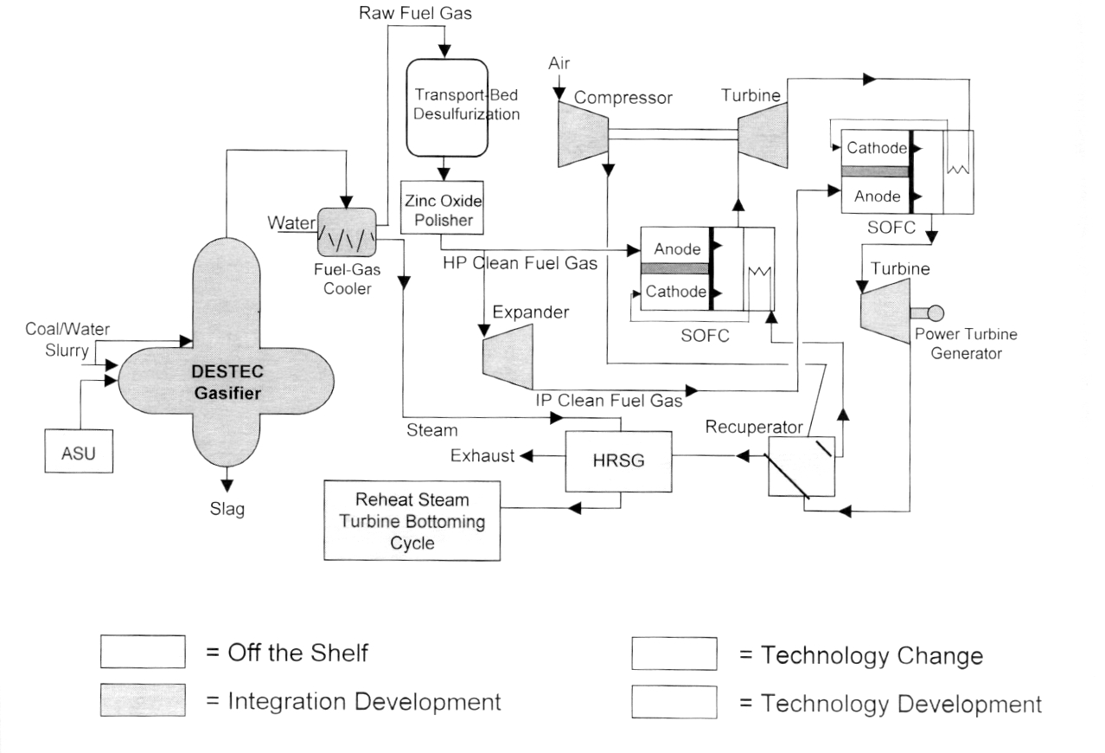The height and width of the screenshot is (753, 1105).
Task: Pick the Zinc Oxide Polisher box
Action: (x=439, y=209)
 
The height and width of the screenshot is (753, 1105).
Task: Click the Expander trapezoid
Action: (x=507, y=357)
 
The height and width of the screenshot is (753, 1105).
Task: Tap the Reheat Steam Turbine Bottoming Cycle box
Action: (x=412, y=522)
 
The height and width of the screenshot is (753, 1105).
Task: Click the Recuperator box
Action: (x=802, y=465)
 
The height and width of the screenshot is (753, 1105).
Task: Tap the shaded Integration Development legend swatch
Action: (x=144, y=700)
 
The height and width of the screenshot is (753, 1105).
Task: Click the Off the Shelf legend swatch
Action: (x=144, y=652)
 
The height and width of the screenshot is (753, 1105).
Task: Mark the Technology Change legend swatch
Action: (x=674, y=654)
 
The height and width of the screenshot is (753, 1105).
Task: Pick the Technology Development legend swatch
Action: (x=674, y=703)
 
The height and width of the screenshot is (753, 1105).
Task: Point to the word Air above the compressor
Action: (x=559, y=64)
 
